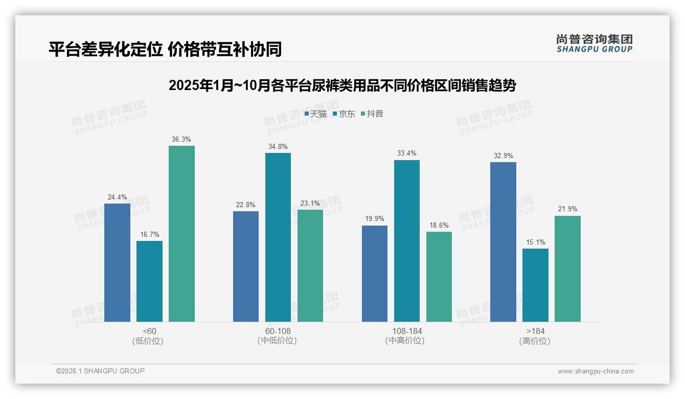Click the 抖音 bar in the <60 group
[181, 234]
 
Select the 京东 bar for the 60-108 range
[278, 237]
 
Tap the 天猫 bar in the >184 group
[503, 242]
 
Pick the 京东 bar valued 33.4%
[406, 241]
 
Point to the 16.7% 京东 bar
[149, 281]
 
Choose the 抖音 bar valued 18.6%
[439, 277]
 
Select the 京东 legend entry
[344, 114]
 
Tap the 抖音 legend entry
[372, 114]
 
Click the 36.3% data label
[181, 139]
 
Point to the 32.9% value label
[503, 156]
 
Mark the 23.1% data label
[310, 203]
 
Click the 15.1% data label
[535, 242]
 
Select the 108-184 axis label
[407, 331]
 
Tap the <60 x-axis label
[150, 331]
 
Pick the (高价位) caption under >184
[535, 341]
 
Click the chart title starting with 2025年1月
[342, 85]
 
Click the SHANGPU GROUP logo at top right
[594, 43]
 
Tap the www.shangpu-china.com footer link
[596, 371]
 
